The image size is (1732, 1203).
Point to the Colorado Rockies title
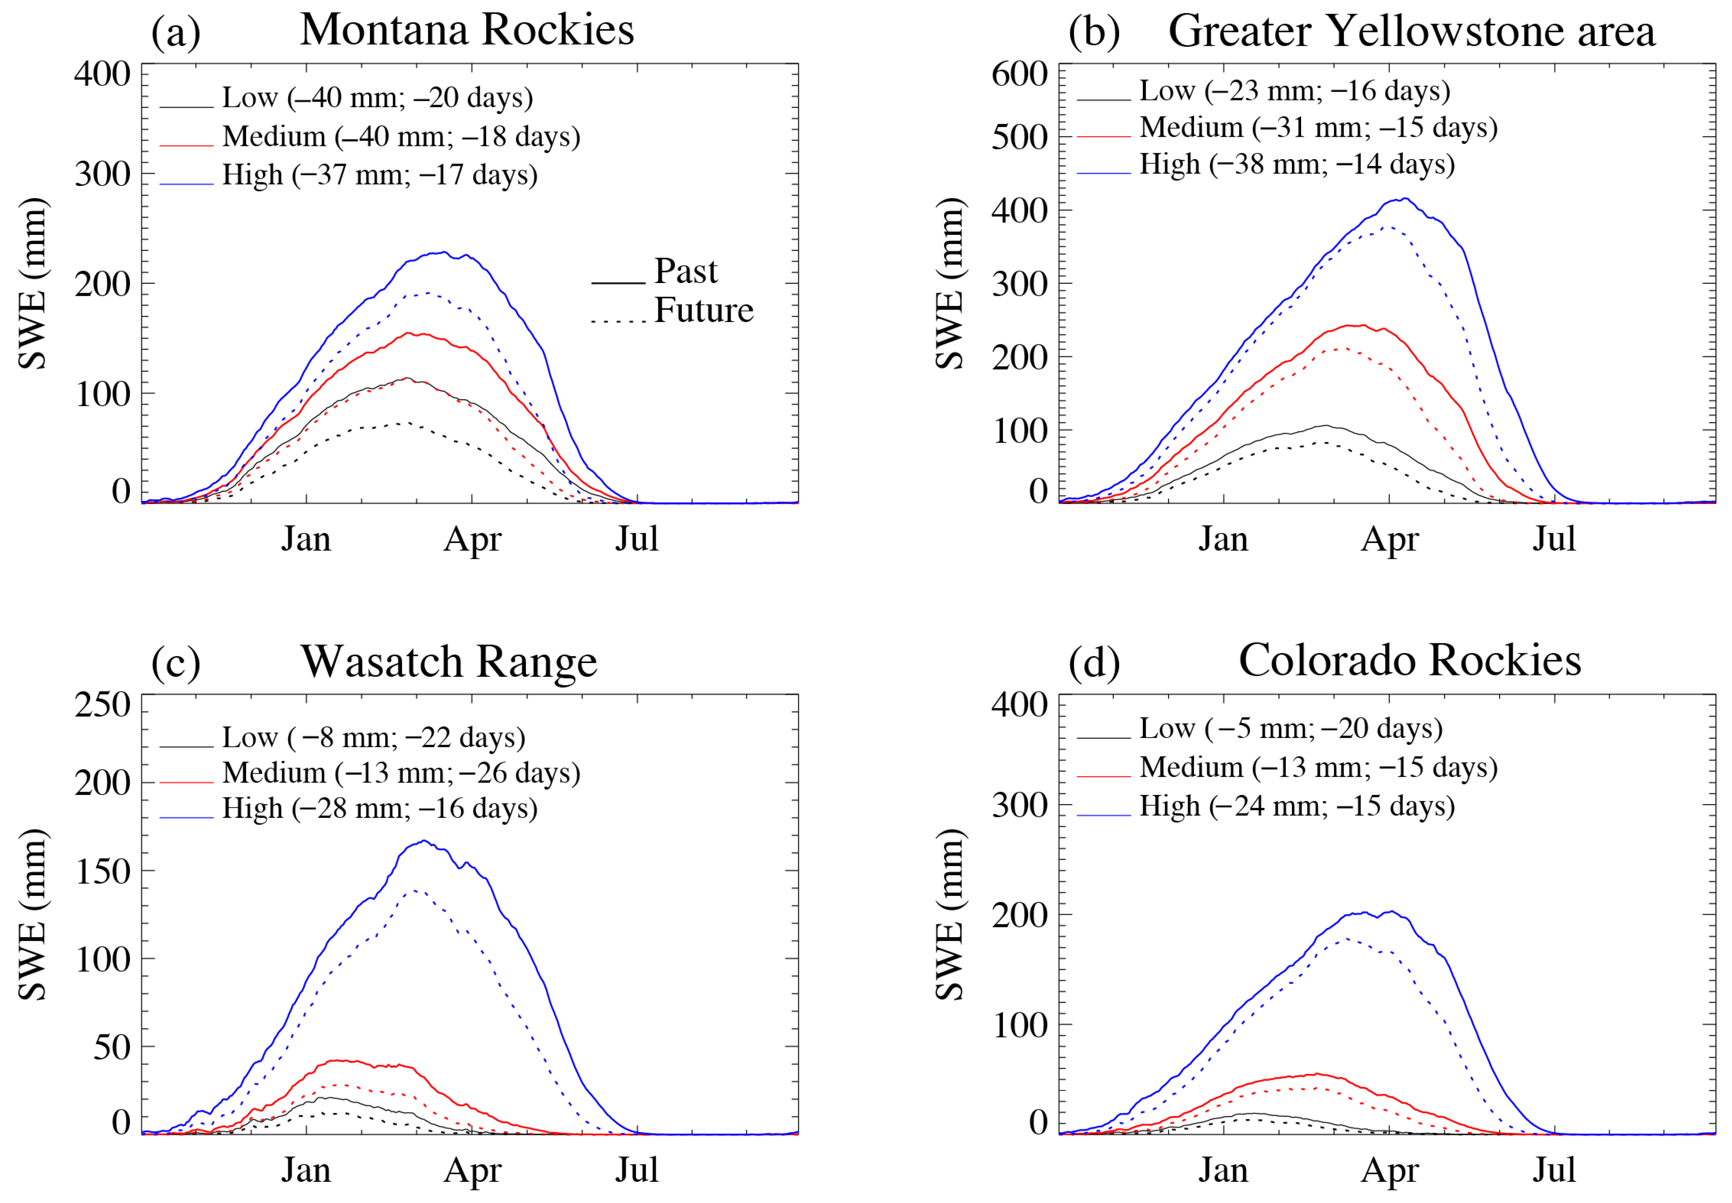tap(1409, 660)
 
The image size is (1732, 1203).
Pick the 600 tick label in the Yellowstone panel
tap(1019, 75)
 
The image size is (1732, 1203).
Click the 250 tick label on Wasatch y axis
tap(103, 706)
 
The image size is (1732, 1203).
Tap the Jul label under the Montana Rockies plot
tap(637, 539)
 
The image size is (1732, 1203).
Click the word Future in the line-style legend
tap(703, 311)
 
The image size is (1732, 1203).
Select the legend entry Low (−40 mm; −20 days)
tap(377, 98)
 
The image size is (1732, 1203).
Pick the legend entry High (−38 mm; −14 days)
tap(1296, 164)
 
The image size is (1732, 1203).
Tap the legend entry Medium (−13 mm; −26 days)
tap(401, 772)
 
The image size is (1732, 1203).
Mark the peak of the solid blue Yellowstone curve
tap(1403, 199)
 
